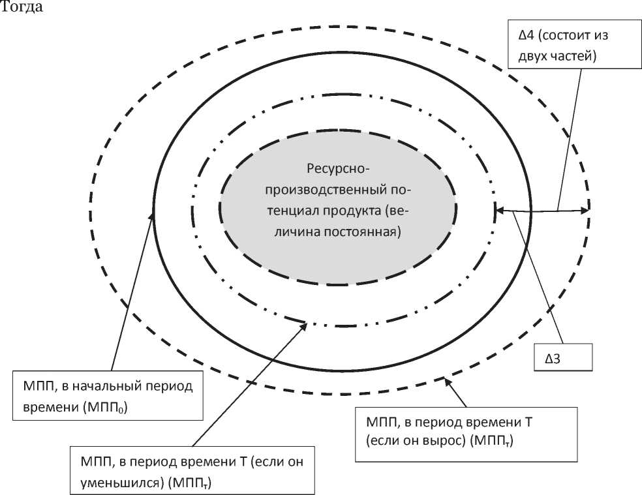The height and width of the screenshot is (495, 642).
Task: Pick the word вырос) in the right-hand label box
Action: [444, 442]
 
